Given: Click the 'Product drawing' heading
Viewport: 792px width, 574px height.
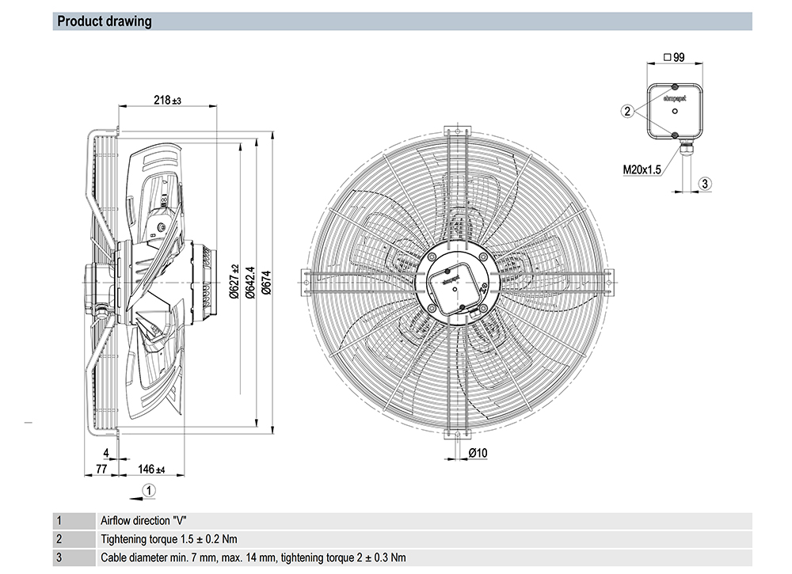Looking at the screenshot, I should (x=105, y=21).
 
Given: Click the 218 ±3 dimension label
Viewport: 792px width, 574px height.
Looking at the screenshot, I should (x=167, y=101).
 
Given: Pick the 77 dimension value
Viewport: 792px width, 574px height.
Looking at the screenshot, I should (x=101, y=469).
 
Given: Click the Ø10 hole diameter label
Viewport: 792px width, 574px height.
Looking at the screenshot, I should (x=478, y=452).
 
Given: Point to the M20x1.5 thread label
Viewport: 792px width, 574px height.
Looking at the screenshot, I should (x=642, y=168).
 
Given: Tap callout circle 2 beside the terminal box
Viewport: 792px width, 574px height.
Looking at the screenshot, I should (x=626, y=112).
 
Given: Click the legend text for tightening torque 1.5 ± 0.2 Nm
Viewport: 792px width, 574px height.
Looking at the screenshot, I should (x=164, y=538).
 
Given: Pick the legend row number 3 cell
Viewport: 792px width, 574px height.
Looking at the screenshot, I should (x=59, y=557).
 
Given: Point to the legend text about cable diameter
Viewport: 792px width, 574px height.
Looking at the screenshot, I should (x=253, y=557).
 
